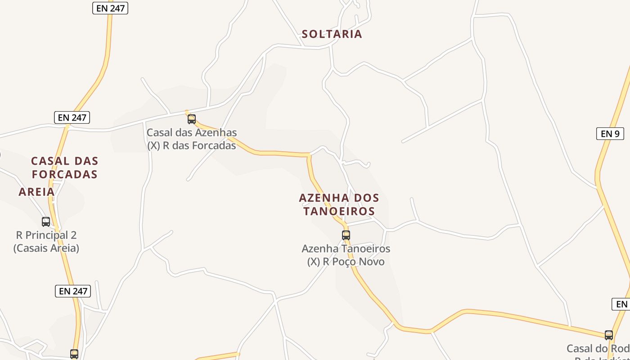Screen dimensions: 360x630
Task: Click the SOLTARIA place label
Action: [x=332, y=34]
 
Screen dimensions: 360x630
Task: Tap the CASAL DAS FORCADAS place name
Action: [x=64, y=167]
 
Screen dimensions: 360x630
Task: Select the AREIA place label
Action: [x=36, y=192]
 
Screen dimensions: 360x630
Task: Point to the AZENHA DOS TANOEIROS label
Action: [x=339, y=204]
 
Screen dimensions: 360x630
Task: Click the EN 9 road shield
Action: [x=610, y=134]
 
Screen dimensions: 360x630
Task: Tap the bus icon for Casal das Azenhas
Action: [x=192, y=119]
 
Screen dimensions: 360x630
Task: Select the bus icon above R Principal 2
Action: [x=46, y=222]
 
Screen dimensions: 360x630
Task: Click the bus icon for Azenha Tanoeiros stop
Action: [x=346, y=235]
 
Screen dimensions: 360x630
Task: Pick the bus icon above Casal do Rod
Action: [x=609, y=335]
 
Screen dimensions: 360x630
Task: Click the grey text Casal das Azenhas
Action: [x=192, y=133]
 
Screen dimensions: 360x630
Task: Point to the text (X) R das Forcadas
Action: [x=192, y=146]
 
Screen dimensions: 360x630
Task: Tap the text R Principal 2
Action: [x=46, y=235]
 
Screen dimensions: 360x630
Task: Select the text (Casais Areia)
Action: [x=46, y=248]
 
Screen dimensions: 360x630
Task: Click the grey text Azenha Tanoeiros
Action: [x=346, y=248]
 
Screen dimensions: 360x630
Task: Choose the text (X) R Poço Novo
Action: [x=346, y=261]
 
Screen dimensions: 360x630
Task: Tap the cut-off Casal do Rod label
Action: [x=598, y=349]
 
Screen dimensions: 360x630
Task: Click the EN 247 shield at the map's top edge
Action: [x=110, y=8]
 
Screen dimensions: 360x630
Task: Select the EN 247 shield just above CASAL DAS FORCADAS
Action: [x=72, y=118]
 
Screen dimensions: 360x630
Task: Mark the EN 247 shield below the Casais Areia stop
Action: [x=73, y=291]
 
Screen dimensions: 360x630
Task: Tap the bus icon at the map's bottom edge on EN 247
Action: [x=74, y=354]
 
